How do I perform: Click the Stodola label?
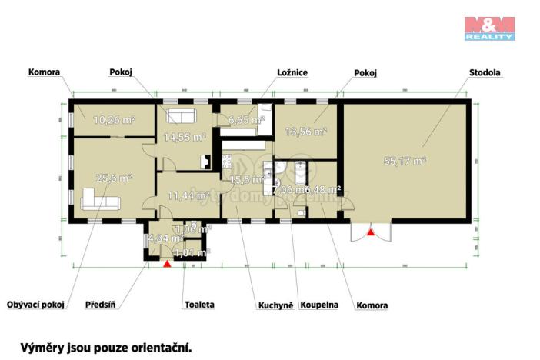tap(485, 73)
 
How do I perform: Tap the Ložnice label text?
tap(292, 73)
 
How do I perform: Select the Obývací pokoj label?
tap(36, 305)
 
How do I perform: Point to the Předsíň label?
tap(100, 305)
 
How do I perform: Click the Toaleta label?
tap(198, 305)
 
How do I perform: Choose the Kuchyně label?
tap(275, 305)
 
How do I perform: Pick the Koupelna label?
tap(319, 305)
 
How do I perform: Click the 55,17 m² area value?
tap(405, 162)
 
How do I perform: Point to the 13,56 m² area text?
tap(306, 132)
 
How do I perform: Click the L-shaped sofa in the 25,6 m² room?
tap(98, 202)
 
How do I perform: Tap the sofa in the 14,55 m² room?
tap(182, 118)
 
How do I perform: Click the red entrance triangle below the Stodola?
tap(371, 231)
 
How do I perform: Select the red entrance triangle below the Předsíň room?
tap(167, 264)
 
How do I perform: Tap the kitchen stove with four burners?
tap(227, 162)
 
